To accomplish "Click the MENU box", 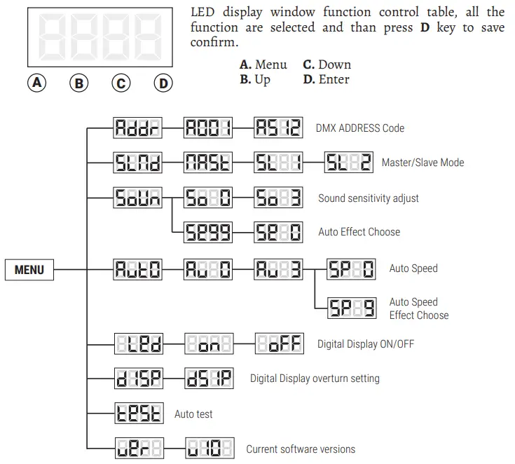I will click(x=29, y=269).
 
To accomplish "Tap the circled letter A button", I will click(x=36, y=83).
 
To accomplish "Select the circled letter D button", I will click(x=163, y=83).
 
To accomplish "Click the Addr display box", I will click(x=137, y=128).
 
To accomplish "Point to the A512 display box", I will click(x=277, y=128).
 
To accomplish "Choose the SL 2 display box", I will click(x=348, y=163).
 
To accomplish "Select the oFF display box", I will click(x=277, y=344).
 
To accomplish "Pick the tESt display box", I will click(x=137, y=414).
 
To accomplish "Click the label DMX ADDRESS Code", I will click(x=360, y=128).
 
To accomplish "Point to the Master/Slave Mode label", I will click(x=423, y=163).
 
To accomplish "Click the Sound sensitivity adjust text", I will click(x=368, y=198).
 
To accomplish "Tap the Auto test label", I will click(x=193, y=414).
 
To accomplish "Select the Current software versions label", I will click(x=300, y=449).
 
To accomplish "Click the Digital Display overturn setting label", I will click(x=315, y=378).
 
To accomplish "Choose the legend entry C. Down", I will click(x=327, y=64).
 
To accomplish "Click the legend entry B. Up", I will click(x=255, y=79).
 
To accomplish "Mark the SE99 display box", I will click(x=207, y=232).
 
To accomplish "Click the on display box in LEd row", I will click(x=207, y=344).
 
